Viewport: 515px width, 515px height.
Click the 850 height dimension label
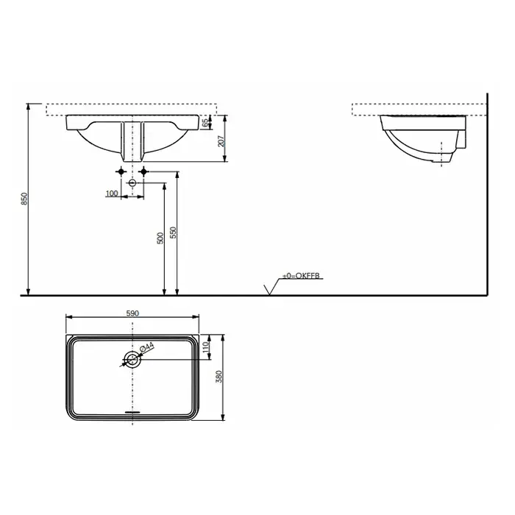pos(24,199)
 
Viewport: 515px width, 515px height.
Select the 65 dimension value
pos(205,123)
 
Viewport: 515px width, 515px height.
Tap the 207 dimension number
pos(221,141)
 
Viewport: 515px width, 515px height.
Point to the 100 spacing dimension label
pos(112,193)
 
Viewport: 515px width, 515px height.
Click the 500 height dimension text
pos(160,238)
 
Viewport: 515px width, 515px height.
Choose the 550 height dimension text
pos(173,232)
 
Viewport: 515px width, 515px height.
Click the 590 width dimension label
pos(132,313)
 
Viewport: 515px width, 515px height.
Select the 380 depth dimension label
pos(219,377)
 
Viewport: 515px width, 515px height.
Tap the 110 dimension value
pos(206,347)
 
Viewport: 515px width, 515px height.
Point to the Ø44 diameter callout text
pos(146,347)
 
